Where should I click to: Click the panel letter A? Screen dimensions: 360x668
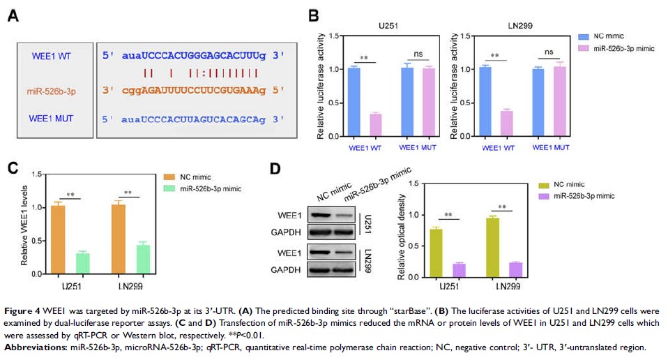tap(12, 15)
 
